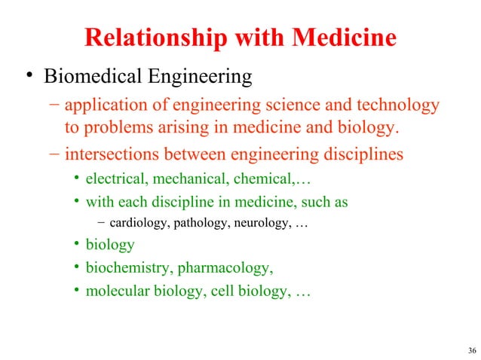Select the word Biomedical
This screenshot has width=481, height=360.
[94, 76]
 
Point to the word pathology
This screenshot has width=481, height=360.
[199, 224]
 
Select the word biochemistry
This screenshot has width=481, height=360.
[124, 267]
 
